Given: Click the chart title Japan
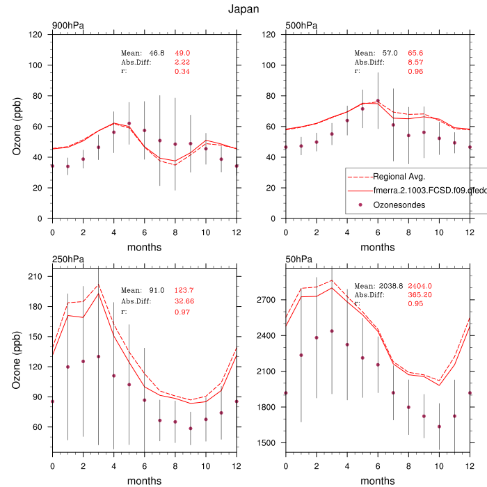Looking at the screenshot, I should coord(243,9).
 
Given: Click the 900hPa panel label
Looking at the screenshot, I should coord(68,26).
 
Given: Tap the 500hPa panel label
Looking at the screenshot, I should coord(301,26).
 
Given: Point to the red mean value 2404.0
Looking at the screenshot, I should coord(420,286).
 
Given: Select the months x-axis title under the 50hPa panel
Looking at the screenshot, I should coord(378,481).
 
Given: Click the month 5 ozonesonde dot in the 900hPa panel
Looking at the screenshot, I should coord(129,123).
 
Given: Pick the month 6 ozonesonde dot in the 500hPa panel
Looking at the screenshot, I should coord(378,101).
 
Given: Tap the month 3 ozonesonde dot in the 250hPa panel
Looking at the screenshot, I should coord(98,357).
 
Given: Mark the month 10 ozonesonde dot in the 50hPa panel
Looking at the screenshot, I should coord(439,426).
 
